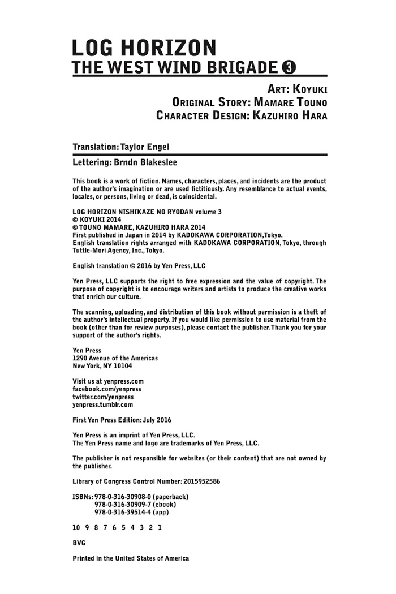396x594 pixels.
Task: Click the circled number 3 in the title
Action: click(x=289, y=68)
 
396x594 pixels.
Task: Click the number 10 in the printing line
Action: click(x=76, y=527)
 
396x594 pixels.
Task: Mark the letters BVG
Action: click(x=79, y=543)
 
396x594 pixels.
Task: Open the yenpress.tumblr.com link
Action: click(x=103, y=404)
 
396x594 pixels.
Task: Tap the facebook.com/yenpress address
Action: click(x=107, y=389)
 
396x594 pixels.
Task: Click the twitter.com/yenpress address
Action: click(x=103, y=397)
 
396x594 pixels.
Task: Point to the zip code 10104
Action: click(x=122, y=366)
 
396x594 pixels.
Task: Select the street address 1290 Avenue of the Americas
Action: click(x=115, y=358)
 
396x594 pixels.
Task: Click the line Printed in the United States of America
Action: click(x=131, y=558)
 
